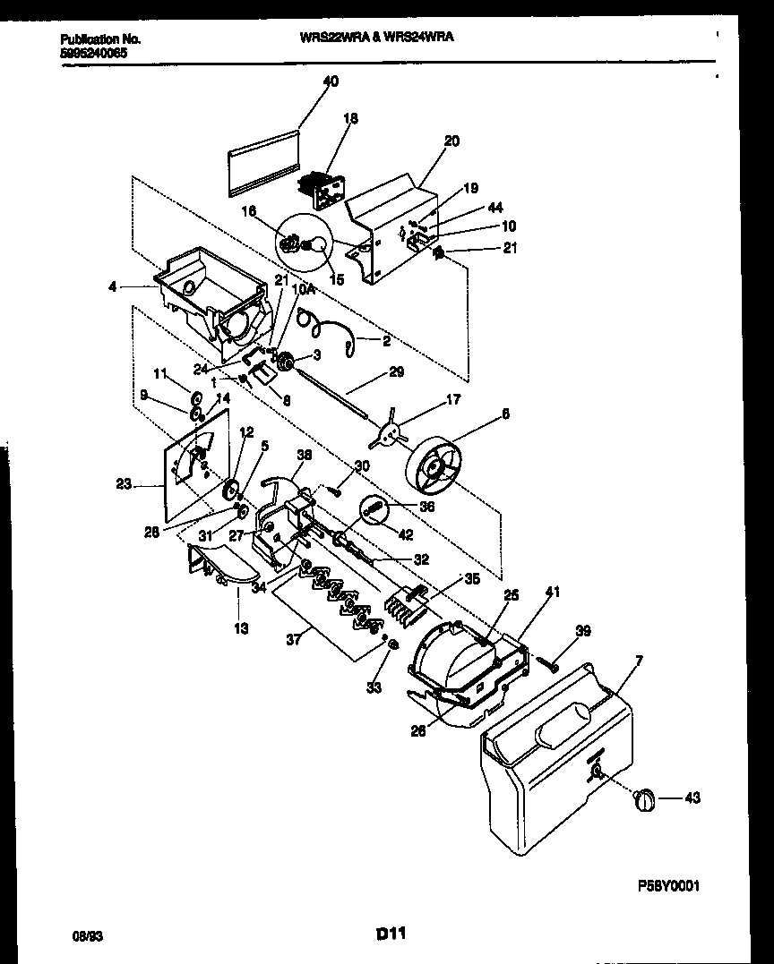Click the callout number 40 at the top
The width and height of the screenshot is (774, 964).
coord(331,81)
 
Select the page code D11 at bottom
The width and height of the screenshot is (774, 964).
coord(391,934)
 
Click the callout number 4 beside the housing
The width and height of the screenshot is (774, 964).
coord(111,287)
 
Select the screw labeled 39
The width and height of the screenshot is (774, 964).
coord(550,663)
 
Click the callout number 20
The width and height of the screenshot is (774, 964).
coord(451,141)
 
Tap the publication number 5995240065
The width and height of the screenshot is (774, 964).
coord(93,53)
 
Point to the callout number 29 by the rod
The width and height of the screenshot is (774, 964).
coord(396,371)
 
